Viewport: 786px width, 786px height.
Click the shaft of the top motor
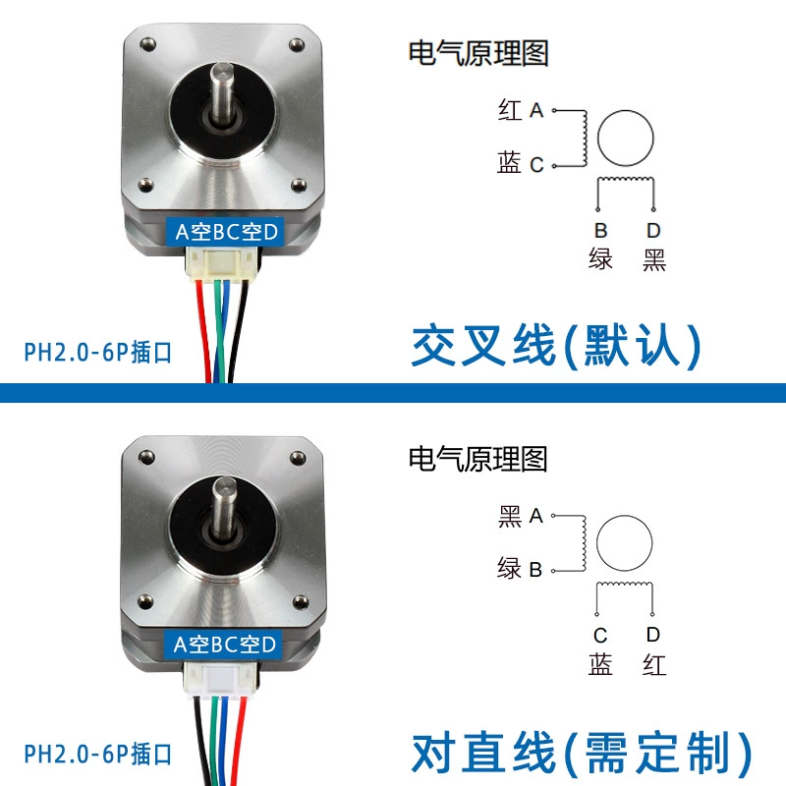click(x=222, y=91)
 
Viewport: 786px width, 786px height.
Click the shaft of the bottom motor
click(x=224, y=506)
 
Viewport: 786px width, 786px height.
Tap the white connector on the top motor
click(x=219, y=262)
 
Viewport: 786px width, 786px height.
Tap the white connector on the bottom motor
click(x=220, y=679)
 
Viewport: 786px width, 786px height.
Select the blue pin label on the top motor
click(x=226, y=232)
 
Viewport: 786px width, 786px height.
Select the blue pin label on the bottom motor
click(x=224, y=645)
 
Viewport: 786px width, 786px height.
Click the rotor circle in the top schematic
click(x=625, y=111)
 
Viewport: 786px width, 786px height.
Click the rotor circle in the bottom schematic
click(x=624, y=515)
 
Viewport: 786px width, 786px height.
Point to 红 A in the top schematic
click(x=521, y=110)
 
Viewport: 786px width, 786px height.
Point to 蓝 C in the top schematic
click(x=521, y=163)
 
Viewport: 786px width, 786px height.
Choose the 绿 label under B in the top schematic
click(x=600, y=259)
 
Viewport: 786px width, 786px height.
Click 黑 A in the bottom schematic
click(x=521, y=516)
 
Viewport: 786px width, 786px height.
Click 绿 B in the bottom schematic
click(x=520, y=569)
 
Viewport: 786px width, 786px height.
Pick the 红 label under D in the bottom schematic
click(x=654, y=665)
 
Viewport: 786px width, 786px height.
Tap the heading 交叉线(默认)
click(x=555, y=346)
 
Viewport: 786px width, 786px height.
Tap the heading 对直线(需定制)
click(x=582, y=753)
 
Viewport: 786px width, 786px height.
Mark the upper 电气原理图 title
click(x=478, y=53)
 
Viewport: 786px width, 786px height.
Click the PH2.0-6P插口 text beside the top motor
click(x=98, y=352)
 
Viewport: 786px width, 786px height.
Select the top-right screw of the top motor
click(x=297, y=45)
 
